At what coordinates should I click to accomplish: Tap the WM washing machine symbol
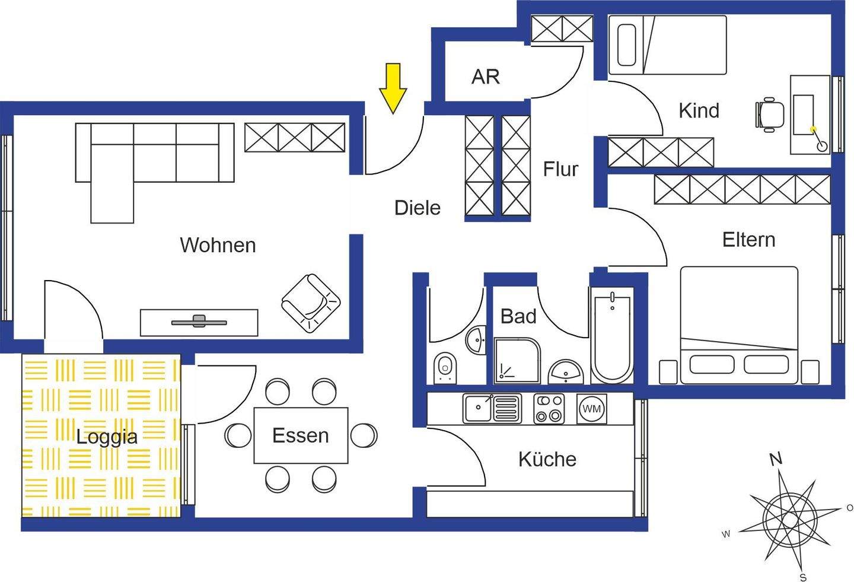tap(591, 409)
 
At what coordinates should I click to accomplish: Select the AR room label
tap(485, 77)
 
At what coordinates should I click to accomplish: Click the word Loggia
tap(107, 437)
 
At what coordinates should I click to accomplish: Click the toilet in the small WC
tap(445, 367)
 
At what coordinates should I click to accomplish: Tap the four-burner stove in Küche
tap(549, 408)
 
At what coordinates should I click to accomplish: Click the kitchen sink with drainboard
tap(492, 408)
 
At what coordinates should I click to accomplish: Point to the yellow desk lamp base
tap(813, 129)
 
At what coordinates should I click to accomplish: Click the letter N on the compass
tap(775, 459)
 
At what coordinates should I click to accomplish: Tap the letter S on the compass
tap(802, 577)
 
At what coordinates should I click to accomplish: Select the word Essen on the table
tap(300, 435)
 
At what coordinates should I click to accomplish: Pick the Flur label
tap(560, 169)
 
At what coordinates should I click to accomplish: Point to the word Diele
tap(418, 208)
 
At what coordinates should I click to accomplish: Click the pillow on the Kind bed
tap(627, 44)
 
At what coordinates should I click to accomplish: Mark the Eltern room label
tap(748, 240)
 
